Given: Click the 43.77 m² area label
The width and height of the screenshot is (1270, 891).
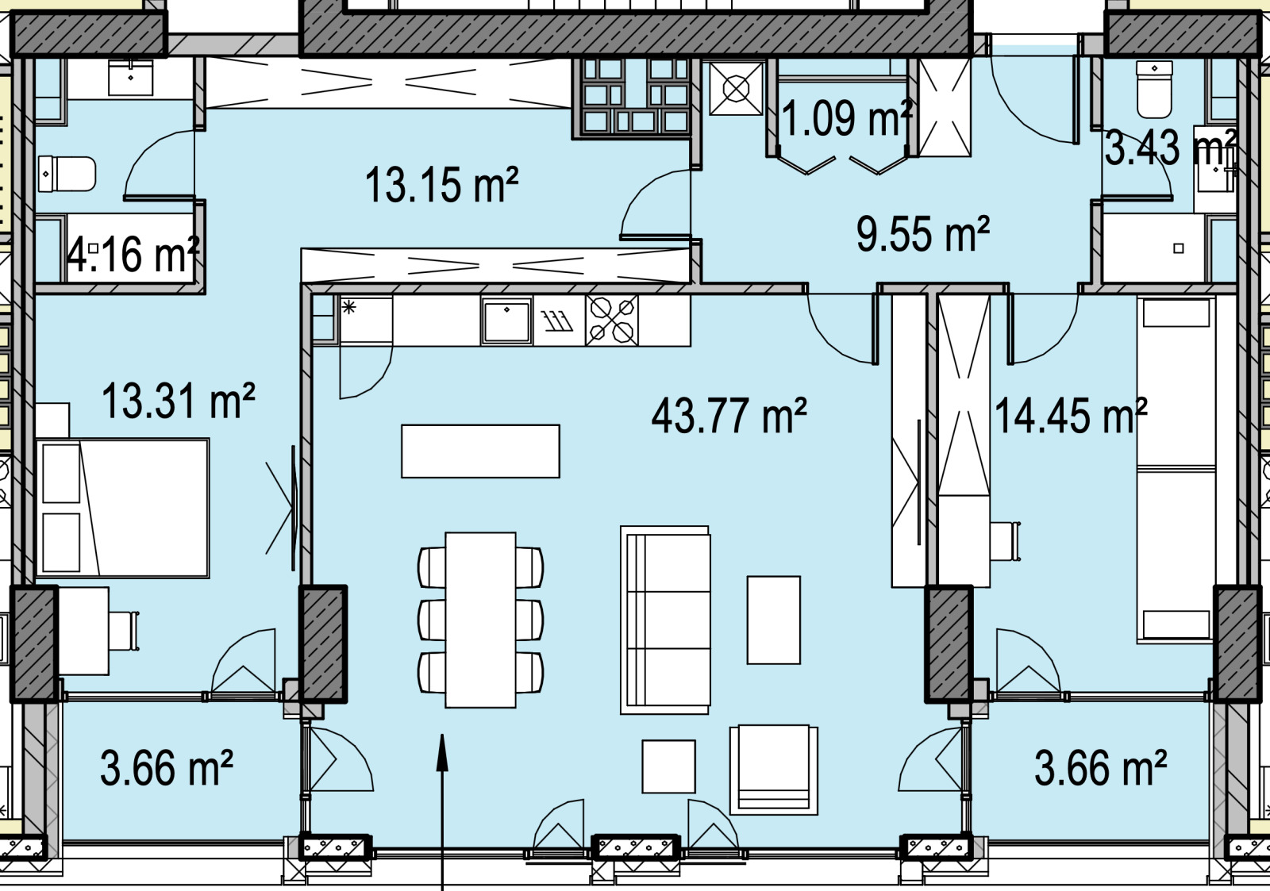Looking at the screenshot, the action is click(x=729, y=416).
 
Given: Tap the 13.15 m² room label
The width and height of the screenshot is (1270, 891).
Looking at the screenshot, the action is click(x=441, y=185).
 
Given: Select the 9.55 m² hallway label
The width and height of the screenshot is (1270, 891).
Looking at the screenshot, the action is click(x=923, y=233).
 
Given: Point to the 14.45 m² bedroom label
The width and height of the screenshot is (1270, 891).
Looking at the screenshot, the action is click(x=1071, y=416).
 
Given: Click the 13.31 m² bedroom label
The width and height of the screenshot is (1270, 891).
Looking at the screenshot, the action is click(x=179, y=401).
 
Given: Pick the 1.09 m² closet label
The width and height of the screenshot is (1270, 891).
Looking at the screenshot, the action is click(x=847, y=118).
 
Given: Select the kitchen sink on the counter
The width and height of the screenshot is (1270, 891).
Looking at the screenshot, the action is click(x=507, y=321).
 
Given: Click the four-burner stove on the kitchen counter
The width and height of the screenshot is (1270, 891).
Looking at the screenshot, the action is click(x=612, y=321).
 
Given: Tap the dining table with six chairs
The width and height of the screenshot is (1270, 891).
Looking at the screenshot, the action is click(x=481, y=620).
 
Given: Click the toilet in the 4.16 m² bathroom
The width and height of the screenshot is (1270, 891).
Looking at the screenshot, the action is click(x=67, y=174).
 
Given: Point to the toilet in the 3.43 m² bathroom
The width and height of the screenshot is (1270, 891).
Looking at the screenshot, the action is click(x=1154, y=90).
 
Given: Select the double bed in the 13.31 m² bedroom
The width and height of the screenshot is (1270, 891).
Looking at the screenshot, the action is click(x=122, y=509).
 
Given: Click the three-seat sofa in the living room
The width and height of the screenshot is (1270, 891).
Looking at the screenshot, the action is click(x=665, y=620).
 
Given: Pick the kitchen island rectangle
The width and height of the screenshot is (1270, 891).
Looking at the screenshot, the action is click(x=481, y=451).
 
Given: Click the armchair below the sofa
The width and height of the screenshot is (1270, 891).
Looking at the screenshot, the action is click(x=773, y=770).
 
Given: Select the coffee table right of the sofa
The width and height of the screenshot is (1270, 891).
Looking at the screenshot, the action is click(x=774, y=620).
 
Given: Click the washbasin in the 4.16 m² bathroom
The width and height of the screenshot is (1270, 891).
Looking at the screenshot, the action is click(x=131, y=78).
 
